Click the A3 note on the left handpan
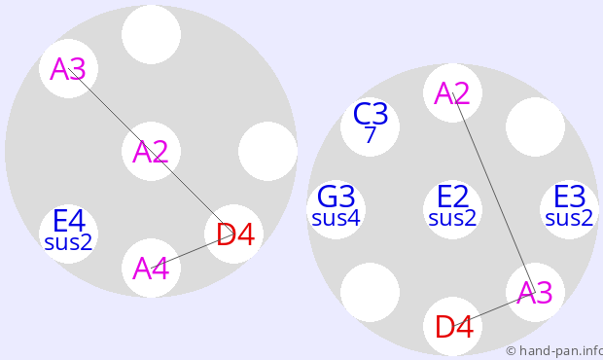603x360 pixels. [68, 68]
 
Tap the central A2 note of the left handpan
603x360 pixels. [151, 151]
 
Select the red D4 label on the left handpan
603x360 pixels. [234, 234]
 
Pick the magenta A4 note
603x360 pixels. [151, 269]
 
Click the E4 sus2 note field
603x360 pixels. [68, 234]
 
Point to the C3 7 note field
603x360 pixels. [370, 126]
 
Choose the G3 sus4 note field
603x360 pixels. [337, 209]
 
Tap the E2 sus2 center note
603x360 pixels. [452, 209]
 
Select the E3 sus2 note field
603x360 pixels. [570, 209]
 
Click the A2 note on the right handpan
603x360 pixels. [452, 92]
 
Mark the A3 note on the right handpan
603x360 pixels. [535, 292]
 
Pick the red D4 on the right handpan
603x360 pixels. [453, 327]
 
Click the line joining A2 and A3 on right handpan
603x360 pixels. [494, 193]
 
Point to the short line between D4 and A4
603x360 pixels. [193, 251]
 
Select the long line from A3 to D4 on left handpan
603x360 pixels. [151, 151]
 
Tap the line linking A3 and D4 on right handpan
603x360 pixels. [494, 309]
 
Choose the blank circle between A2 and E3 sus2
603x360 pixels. [535, 126]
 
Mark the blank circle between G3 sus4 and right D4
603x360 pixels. [370, 292]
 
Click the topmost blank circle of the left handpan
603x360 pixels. [151, 34]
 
